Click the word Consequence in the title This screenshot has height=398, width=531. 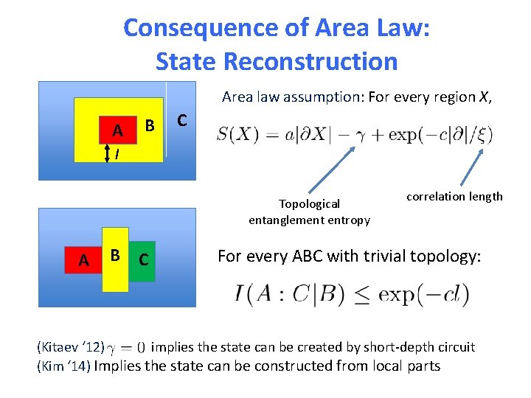[190, 28]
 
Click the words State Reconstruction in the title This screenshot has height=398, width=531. [277, 61]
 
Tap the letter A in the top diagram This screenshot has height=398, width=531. [117, 131]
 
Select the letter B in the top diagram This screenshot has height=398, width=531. [149, 125]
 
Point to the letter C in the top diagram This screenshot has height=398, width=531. [182, 119]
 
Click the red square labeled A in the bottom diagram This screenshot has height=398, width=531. [84, 259]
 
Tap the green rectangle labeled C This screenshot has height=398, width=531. [144, 259]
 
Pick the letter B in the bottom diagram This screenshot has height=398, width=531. [115, 256]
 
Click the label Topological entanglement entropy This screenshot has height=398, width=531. [309, 212]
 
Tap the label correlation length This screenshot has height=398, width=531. [454, 196]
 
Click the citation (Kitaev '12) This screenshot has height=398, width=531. [70, 346]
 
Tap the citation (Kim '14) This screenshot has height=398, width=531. [63, 366]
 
